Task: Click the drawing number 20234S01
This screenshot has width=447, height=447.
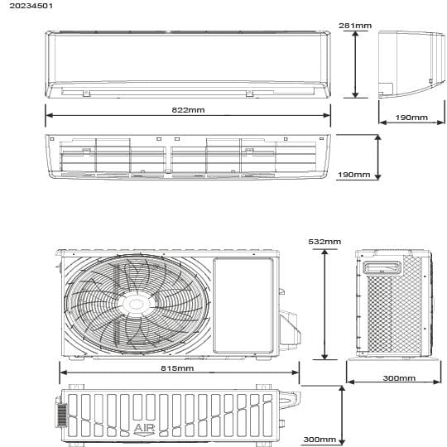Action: [x=31, y=6]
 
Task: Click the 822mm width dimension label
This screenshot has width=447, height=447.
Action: [x=188, y=110]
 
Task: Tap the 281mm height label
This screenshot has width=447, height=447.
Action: [x=355, y=26]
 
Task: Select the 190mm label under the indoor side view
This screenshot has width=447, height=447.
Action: [x=411, y=118]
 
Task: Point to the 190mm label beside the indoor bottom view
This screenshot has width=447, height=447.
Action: [x=353, y=174]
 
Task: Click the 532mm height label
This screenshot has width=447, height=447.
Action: [x=324, y=242]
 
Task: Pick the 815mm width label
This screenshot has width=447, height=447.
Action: [x=177, y=368]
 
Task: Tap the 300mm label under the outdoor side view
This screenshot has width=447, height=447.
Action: [x=399, y=378]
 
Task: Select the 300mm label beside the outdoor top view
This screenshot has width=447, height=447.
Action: [x=320, y=440]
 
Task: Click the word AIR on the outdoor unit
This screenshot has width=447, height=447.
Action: [x=145, y=428]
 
